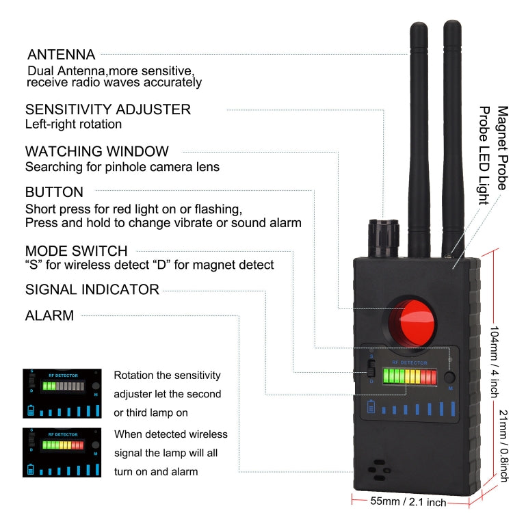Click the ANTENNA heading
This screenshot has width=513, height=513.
[x=61, y=55]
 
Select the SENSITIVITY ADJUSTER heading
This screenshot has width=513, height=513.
[x=108, y=109]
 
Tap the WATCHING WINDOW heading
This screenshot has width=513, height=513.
[x=96, y=151]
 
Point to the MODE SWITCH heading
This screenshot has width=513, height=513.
[x=76, y=251]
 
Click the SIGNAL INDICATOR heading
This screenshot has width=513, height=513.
[x=92, y=289]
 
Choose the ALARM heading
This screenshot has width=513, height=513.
[x=49, y=316]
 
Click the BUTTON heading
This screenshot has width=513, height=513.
[x=54, y=192]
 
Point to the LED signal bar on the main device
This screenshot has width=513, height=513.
[x=410, y=376]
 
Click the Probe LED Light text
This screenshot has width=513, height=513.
[x=484, y=155]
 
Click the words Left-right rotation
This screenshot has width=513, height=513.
[x=73, y=124]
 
